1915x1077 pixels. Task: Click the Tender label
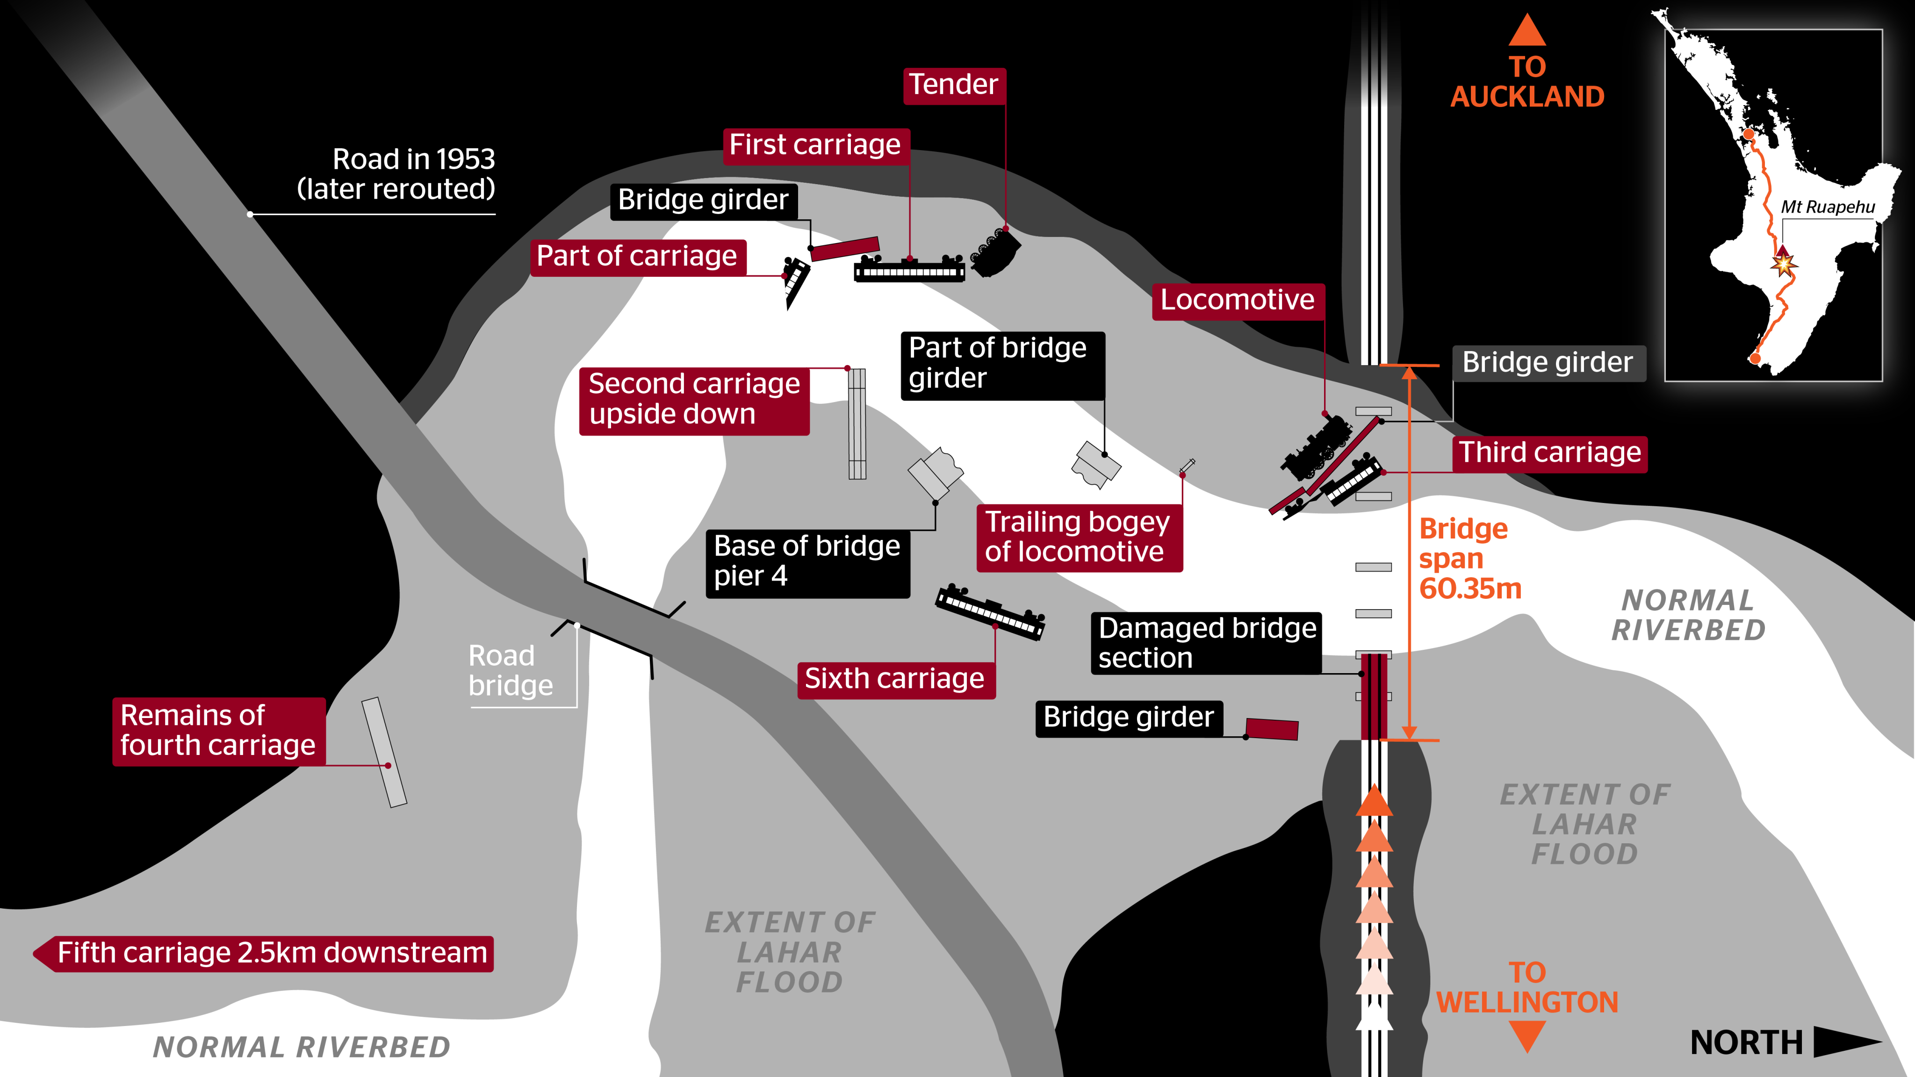tap(954, 85)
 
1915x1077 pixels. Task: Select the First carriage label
tap(815, 145)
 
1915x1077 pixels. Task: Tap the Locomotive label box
tap(1238, 300)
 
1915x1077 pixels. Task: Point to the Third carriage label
tap(1550, 452)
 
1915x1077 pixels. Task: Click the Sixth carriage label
tap(895, 679)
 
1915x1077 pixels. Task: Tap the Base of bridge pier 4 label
tap(807, 561)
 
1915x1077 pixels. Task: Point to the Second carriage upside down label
tap(694, 399)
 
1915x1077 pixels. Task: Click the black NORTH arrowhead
tap(1845, 1042)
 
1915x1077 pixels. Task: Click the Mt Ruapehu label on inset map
tap(1827, 208)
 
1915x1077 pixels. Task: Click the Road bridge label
tap(511, 670)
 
